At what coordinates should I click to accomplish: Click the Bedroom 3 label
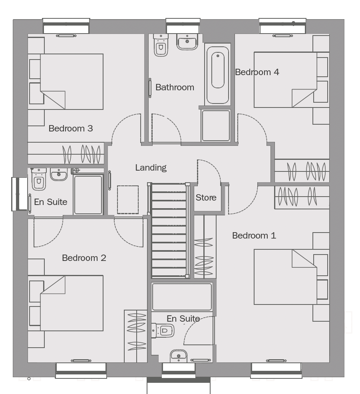[x=71, y=128]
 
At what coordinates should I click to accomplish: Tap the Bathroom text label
[x=175, y=87]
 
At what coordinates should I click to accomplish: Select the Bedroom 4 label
[x=257, y=72]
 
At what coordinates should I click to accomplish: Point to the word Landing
[x=151, y=167]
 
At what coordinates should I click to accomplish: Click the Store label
[x=206, y=197]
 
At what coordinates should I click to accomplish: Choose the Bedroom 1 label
[x=254, y=235]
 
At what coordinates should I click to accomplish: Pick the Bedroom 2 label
[x=84, y=258]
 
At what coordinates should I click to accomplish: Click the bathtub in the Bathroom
[x=217, y=75]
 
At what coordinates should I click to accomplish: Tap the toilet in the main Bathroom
[x=161, y=45]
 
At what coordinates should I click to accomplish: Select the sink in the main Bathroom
[x=187, y=42]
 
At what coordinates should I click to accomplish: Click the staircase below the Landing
[x=169, y=230]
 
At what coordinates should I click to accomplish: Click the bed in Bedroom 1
[x=285, y=277]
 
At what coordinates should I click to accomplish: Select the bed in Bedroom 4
[x=285, y=80]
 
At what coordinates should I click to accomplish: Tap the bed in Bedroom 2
[x=72, y=303]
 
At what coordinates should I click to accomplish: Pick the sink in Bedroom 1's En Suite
[x=179, y=356]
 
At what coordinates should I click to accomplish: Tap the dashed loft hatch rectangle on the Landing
[x=128, y=200]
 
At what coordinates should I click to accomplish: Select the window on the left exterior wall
[x=19, y=194]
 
